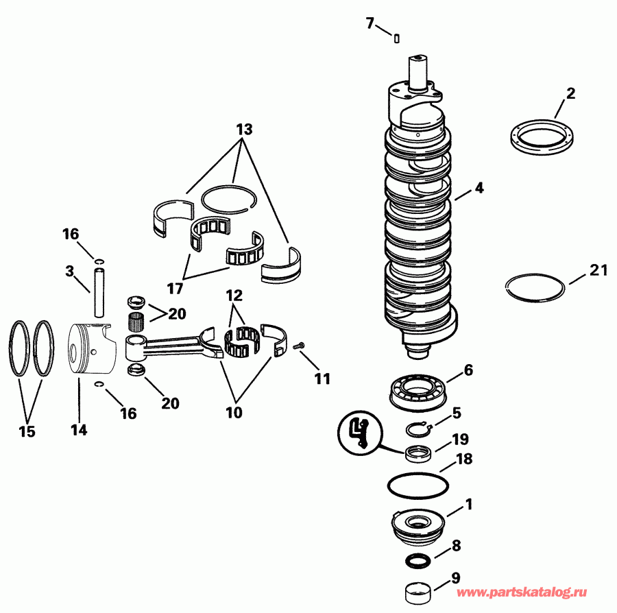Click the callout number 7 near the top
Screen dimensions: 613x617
point(370,24)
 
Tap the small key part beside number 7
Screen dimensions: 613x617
point(396,38)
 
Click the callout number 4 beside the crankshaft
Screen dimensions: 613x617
point(479,188)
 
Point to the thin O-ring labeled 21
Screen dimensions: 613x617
point(535,287)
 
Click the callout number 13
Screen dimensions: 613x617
point(243,129)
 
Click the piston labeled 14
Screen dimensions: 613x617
point(92,350)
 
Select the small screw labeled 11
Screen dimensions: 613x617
point(298,348)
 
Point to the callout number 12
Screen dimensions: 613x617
point(234,297)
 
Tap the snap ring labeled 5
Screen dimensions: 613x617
point(417,430)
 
